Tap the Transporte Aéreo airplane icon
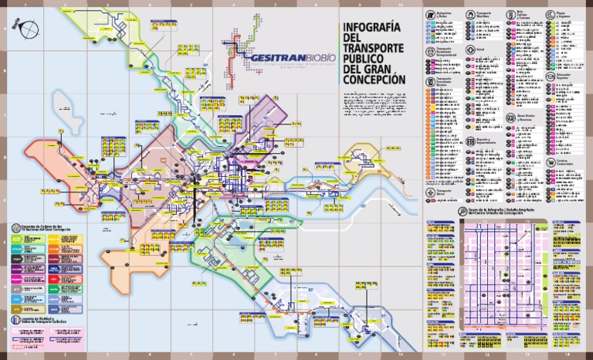(x=429, y=190)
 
